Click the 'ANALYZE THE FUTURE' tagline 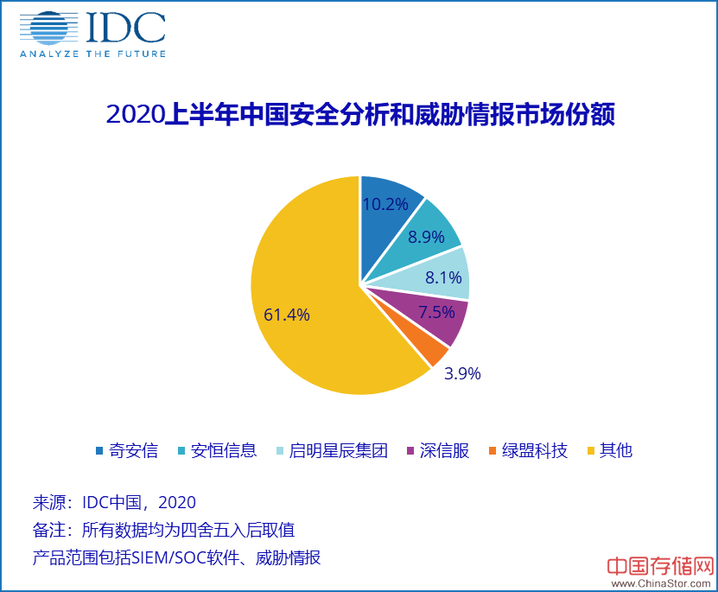92,54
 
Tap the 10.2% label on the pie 385,205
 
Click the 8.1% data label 443,278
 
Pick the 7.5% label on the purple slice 437,313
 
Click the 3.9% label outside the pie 462,374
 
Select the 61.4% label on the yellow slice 287,315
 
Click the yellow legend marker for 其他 592,451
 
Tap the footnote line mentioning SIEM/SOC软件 176,557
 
